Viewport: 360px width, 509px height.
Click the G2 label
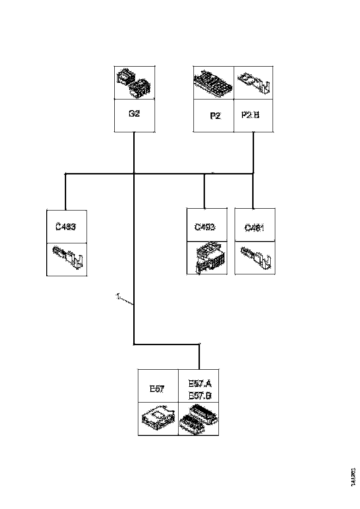tap(134, 114)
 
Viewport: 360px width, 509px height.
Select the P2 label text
tap(215, 116)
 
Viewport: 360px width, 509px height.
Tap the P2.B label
tap(250, 114)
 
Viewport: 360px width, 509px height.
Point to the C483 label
tap(65, 227)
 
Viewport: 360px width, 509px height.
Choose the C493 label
tap(205, 227)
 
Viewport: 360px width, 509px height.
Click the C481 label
tap(254, 227)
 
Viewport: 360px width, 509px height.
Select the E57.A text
tap(200, 384)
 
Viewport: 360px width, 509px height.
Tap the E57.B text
tap(200, 396)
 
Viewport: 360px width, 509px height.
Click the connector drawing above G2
tap(134, 83)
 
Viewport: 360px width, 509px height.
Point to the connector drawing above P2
tap(213, 83)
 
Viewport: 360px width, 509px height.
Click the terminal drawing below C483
tap(68, 259)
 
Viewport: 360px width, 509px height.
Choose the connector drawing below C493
tap(207, 259)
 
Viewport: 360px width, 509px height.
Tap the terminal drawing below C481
tap(255, 258)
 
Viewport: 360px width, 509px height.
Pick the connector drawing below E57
tap(158, 418)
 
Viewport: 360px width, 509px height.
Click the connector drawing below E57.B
tap(199, 418)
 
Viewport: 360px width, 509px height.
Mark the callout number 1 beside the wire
tap(118, 295)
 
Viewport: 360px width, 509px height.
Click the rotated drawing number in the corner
tap(354, 476)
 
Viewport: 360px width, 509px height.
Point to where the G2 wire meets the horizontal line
tap(134, 174)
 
